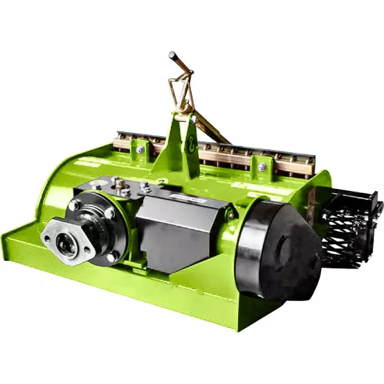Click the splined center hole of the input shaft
pyautogui.click(x=68, y=246)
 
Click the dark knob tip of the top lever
pyautogui.click(x=173, y=55)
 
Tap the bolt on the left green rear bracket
pyautogui.click(x=140, y=149)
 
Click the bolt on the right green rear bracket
pyautogui.click(x=262, y=167)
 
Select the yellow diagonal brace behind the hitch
pyautogui.click(x=211, y=128)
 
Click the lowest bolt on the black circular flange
pyautogui.click(x=111, y=257)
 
